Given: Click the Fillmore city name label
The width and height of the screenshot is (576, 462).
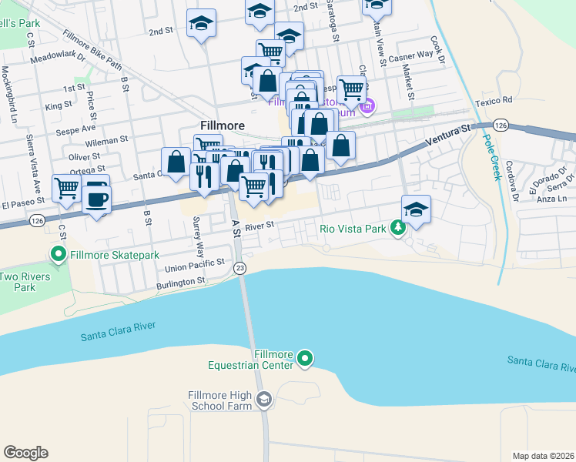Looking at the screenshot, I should [222, 126].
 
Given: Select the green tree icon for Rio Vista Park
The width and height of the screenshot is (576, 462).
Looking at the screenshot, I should [397, 228].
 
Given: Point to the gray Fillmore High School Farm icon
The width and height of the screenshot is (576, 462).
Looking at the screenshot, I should [264, 398].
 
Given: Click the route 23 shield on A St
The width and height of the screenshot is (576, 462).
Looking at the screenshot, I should [241, 267].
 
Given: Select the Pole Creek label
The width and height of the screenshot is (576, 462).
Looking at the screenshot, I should [489, 157].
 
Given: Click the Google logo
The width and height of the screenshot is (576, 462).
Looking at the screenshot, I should [25, 453].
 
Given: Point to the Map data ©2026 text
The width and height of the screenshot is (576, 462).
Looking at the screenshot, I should [542, 456].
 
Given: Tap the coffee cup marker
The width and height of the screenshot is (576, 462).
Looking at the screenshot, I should [97, 199].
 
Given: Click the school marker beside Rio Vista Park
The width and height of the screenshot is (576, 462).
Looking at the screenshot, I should [416, 209].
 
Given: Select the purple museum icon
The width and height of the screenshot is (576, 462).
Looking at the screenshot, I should [367, 105].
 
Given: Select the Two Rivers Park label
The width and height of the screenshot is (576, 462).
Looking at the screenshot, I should [24, 282].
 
